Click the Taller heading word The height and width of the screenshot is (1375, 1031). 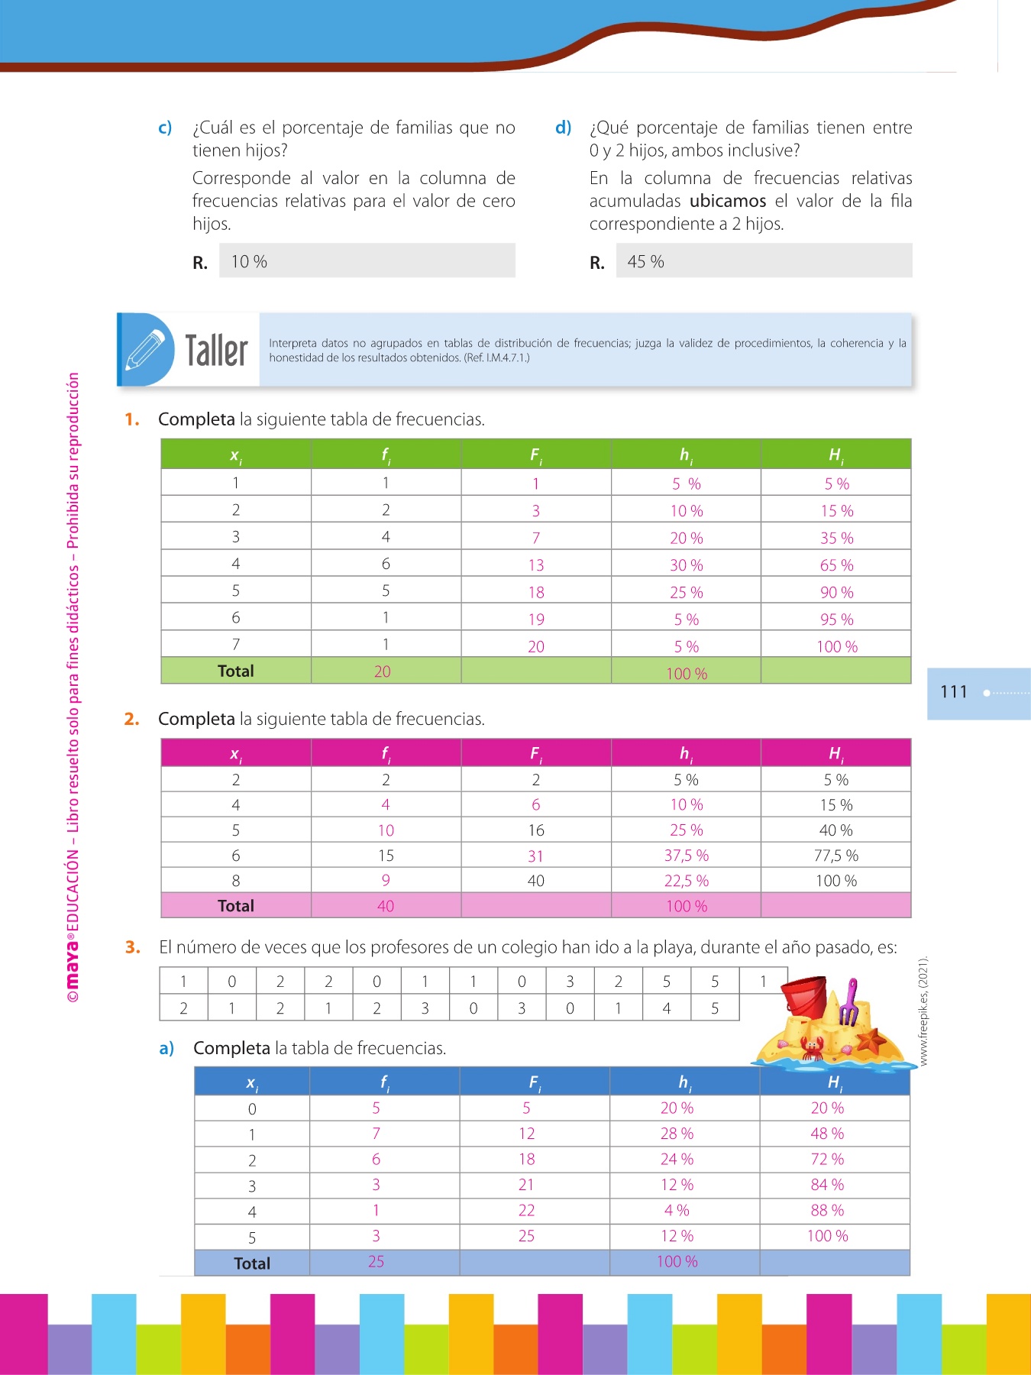(x=216, y=351)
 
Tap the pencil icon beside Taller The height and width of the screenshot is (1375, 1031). (x=145, y=349)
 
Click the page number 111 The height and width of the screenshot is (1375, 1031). (x=953, y=692)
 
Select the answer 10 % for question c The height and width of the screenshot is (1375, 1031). (x=249, y=262)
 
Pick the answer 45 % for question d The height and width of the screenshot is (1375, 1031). (x=645, y=262)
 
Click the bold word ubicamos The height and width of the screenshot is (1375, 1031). (x=727, y=201)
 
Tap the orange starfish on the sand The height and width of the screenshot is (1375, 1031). (x=871, y=1040)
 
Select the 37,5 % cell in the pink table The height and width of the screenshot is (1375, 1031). (x=686, y=856)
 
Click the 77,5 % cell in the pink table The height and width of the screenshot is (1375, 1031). (x=835, y=856)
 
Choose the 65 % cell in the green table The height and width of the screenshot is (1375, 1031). (x=836, y=565)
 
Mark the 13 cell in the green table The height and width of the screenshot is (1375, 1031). (x=536, y=565)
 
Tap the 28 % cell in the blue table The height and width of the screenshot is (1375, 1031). (x=677, y=1134)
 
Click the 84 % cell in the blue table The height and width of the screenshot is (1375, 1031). (x=827, y=1185)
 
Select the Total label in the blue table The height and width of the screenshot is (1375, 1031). (x=252, y=1263)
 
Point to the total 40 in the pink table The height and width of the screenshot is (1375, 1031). (x=386, y=906)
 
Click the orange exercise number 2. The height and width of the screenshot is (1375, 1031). (x=132, y=719)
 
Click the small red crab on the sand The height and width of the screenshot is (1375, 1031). (x=812, y=1048)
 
